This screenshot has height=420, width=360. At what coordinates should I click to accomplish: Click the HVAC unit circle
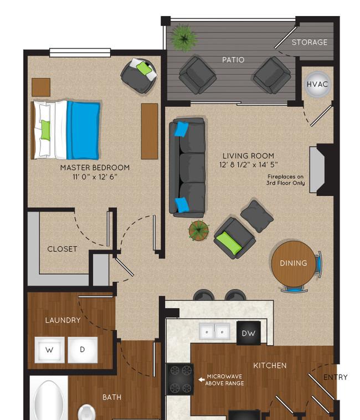(317, 84)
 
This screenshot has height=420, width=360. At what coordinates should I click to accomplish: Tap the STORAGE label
(310, 42)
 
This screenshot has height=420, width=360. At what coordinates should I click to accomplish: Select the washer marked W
(49, 350)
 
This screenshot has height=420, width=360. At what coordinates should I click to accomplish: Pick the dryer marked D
(83, 350)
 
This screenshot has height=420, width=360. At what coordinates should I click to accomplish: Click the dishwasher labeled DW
(248, 333)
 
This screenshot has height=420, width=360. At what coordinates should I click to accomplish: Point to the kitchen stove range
(179, 380)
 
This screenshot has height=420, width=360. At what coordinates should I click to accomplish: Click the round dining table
(294, 264)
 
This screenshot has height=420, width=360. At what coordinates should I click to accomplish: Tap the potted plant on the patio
(184, 38)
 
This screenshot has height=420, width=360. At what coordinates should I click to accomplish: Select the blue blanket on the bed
(84, 130)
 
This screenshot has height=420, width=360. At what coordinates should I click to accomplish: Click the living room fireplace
(321, 170)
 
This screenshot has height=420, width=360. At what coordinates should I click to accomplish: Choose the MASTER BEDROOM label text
(95, 168)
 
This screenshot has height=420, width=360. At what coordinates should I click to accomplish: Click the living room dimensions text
(248, 165)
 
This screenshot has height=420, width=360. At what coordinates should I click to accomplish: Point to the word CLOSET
(63, 249)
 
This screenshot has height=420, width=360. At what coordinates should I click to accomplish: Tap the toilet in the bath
(86, 412)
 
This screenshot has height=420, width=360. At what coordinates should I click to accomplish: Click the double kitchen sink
(214, 331)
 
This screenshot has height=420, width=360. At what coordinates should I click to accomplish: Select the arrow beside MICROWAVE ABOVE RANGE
(202, 380)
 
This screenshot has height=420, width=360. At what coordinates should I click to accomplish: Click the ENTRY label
(336, 377)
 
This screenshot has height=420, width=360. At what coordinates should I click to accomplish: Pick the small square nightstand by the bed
(41, 88)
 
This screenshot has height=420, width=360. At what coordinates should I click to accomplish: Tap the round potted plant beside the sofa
(199, 230)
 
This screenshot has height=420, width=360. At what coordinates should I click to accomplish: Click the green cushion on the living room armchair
(229, 243)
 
